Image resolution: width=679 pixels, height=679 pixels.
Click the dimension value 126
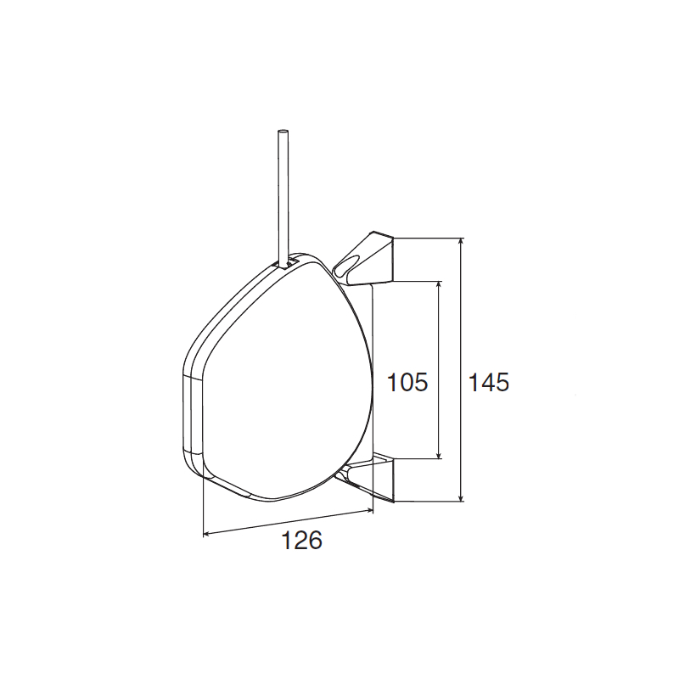[x=302, y=540]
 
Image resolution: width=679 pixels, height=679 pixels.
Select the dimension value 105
[x=407, y=382]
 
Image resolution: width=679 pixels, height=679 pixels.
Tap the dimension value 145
[x=489, y=383]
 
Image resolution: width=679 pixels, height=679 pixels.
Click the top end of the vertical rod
[x=283, y=131]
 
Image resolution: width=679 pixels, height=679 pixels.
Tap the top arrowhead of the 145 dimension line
[x=461, y=242]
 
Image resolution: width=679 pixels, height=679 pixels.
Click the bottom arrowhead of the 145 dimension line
[x=461, y=497]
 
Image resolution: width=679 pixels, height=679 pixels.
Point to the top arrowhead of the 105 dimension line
[x=439, y=285]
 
